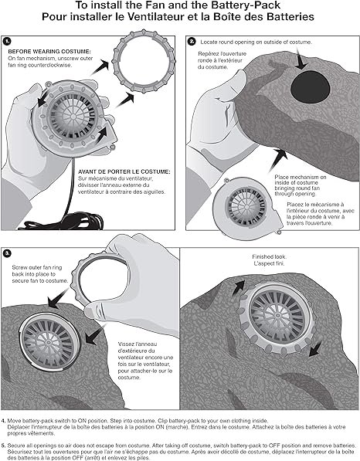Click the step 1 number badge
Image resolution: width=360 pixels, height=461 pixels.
7,41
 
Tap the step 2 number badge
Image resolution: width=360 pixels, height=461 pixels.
192,42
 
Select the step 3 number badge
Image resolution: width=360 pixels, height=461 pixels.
8,253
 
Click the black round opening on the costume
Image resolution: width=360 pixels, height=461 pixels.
311,87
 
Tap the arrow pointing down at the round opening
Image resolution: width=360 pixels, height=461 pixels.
301,59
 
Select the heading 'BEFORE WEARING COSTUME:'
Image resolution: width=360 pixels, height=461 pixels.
49,52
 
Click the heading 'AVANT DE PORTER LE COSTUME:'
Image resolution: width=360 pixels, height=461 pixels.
124,171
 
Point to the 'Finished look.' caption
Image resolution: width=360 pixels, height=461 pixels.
269,256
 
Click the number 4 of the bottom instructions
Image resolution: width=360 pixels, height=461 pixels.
3,421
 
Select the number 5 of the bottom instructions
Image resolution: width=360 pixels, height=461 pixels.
3,446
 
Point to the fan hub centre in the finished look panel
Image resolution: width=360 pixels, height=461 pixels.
277,316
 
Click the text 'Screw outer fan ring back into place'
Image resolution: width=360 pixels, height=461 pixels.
37,271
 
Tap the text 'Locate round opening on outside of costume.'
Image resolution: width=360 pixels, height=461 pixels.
256,42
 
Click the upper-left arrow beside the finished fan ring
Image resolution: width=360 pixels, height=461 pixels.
239,287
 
